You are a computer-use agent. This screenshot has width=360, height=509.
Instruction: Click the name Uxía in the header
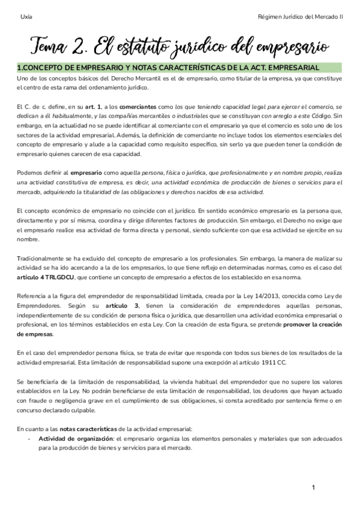coord(25,17)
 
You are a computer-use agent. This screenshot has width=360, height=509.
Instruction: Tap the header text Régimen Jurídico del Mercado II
coord(299,17)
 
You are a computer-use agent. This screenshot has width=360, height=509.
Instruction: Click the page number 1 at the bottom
coord(313,487)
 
